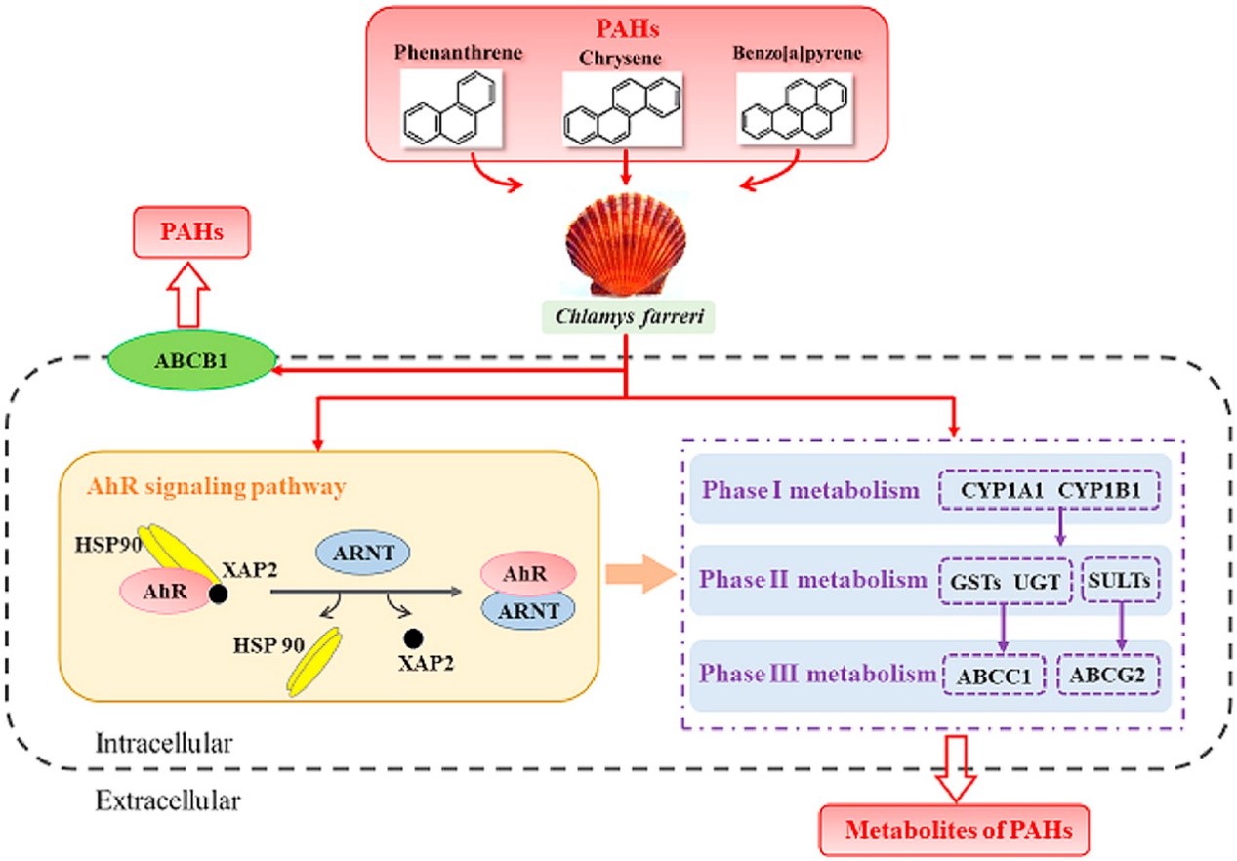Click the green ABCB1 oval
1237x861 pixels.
190,359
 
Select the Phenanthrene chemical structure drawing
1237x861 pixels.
453,114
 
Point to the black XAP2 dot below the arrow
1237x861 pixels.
414,638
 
